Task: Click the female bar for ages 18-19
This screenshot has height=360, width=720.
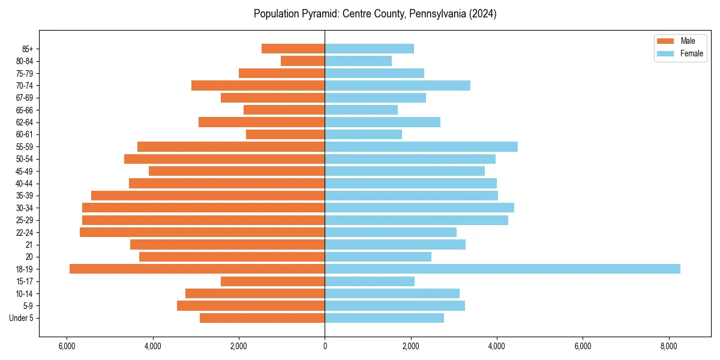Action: click(502, 269)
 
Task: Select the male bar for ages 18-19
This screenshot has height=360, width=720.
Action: click(197, 269)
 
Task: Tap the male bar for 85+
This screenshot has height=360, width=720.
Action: click(293, 49)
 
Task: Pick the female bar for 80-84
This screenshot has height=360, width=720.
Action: click(358, 61)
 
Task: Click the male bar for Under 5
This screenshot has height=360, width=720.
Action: click(262, 318)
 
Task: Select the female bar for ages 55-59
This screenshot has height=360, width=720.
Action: click(421, 147)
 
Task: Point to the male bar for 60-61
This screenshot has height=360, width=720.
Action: click(285, 134)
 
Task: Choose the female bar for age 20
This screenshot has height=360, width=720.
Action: click(378, 257)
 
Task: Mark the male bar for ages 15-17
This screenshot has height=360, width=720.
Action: click(272, 281)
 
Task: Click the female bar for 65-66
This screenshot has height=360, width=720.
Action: click(361, 110)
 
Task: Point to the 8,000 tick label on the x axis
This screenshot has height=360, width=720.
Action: click(669, 346)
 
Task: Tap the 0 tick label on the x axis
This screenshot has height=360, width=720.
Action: click(325, 346)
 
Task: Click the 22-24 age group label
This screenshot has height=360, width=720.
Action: click(25, 232)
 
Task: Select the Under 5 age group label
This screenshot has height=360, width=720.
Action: click(21, 318)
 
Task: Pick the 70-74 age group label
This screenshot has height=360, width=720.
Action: click(25, 86)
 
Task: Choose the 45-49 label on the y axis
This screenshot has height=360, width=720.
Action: click(25, 171)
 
